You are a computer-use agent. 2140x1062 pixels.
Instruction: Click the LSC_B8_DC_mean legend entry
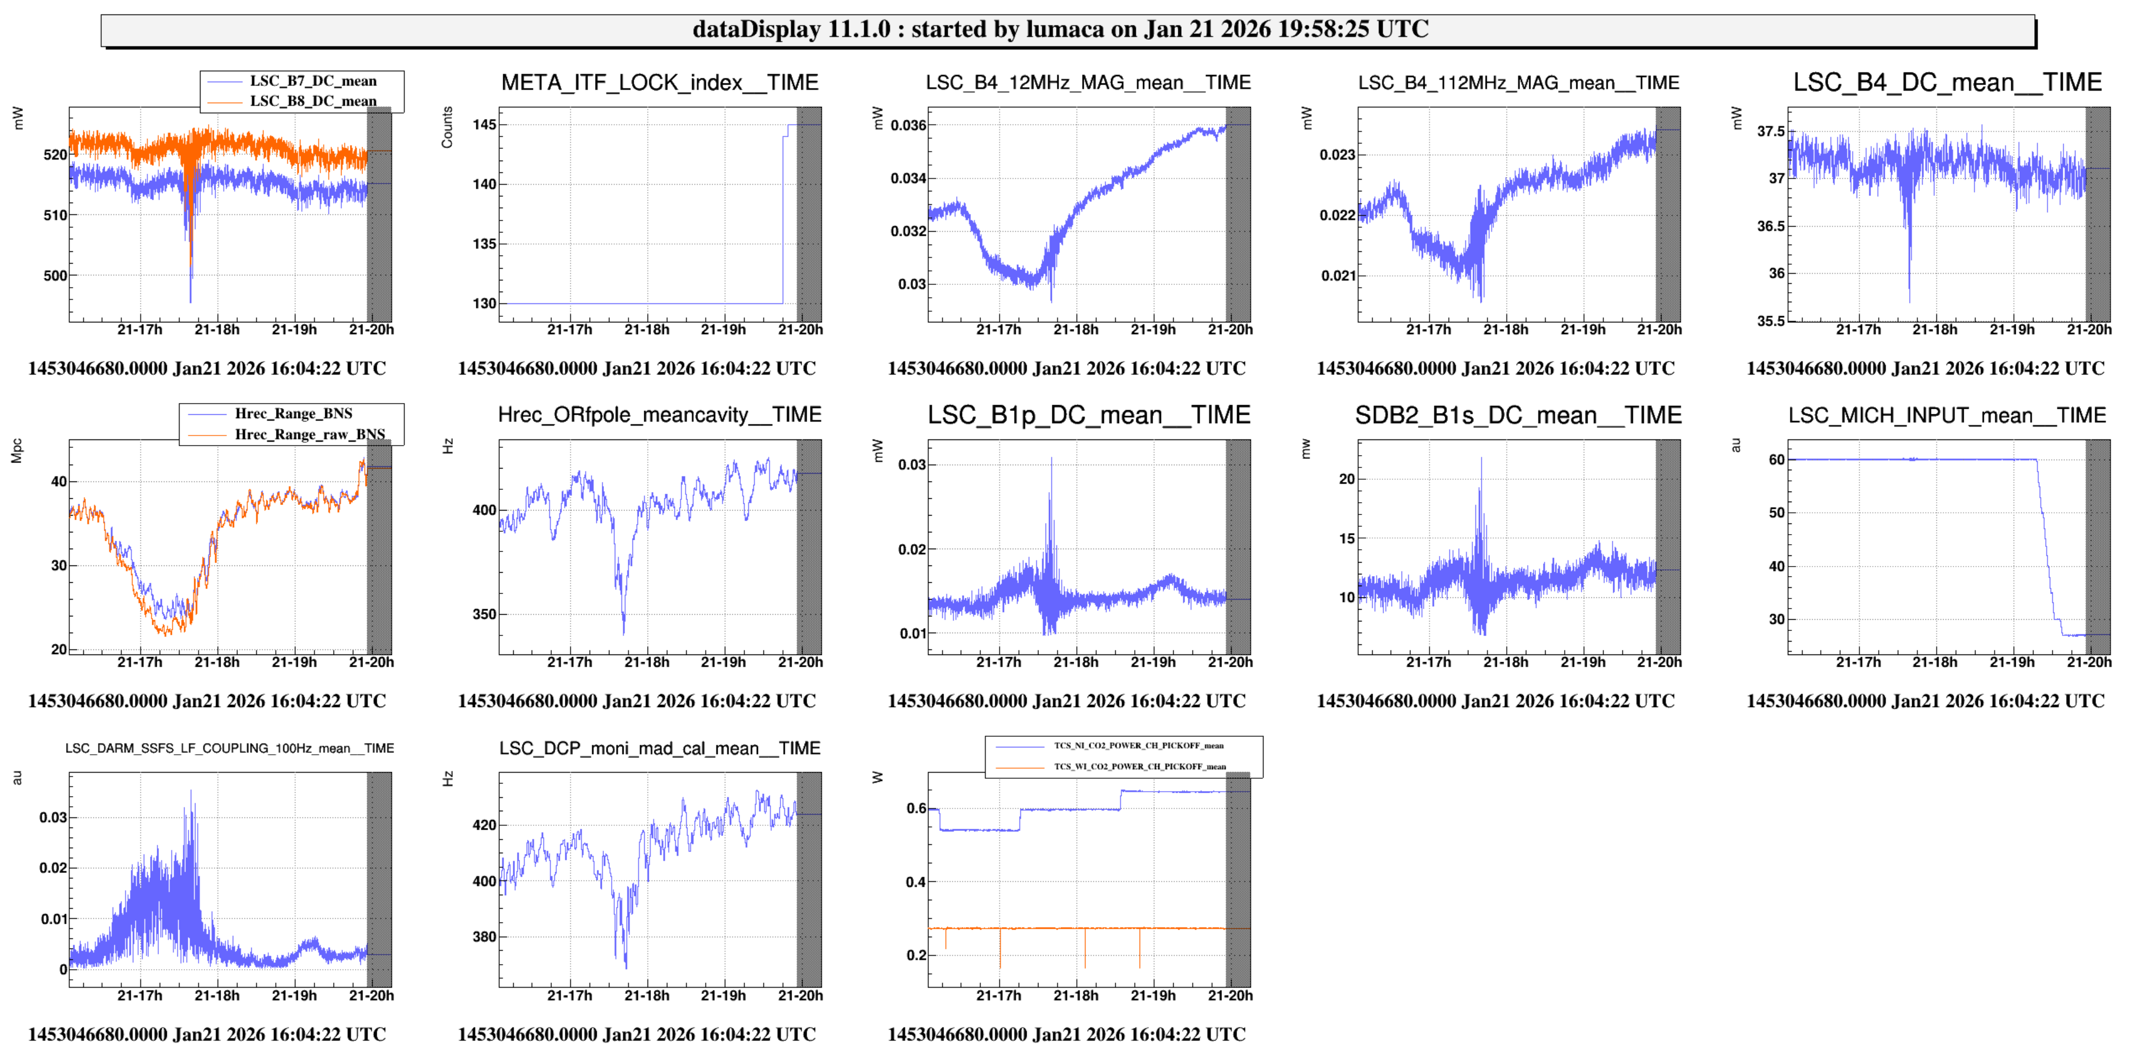[x=312, y=101]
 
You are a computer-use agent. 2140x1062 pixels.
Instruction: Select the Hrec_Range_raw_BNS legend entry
[x=309, y=434]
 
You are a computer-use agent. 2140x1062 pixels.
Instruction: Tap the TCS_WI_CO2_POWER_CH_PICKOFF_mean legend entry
[x=1139, y=766]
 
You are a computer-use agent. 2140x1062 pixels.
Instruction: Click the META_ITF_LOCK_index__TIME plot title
[x=659, y=82]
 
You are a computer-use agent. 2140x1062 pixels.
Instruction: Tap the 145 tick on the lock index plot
[x=484, y=125]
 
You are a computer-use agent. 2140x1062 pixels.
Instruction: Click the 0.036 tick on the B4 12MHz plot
[x=907, y=125]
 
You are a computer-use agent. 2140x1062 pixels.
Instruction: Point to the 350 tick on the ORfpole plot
[x=484, y=614]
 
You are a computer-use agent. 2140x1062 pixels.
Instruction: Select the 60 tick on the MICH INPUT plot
[x=1776, y=460]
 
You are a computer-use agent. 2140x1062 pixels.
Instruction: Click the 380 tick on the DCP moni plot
[x=484, y=937]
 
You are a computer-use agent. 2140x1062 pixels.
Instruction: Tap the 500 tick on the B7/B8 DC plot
[x=55, y=275]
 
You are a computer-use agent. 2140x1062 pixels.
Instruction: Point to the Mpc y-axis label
[x=17, y=451]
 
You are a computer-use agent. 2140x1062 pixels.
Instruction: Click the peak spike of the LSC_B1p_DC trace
[x=1051, y=458]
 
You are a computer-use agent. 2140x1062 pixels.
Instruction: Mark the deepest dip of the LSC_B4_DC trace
[x=1909, y=301]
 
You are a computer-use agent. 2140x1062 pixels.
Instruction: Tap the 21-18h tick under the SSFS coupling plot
[x=217, y=995]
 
